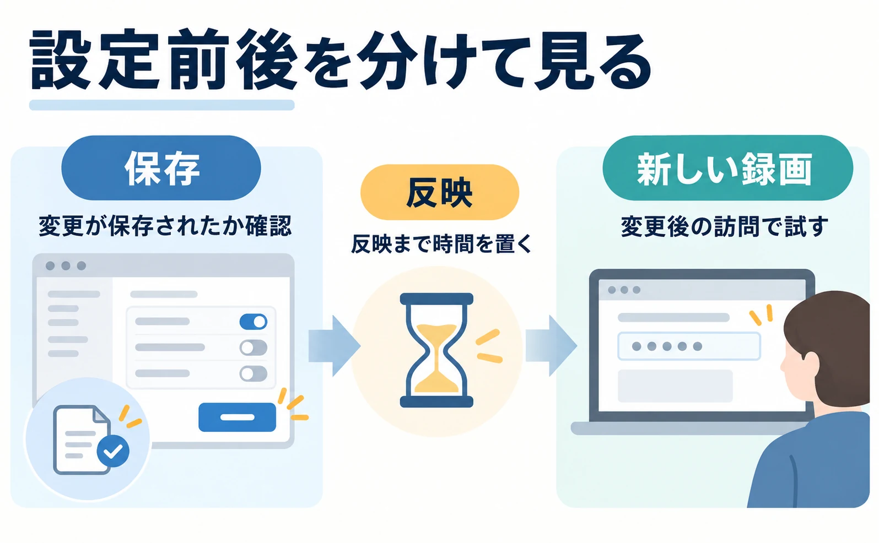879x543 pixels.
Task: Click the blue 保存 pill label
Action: pyautogui.click(x=161, y=168)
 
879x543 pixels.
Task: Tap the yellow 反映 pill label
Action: pyautogui.click(x=440, y=192)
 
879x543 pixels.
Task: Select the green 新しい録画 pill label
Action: pyautogui.click(x=727, y=168)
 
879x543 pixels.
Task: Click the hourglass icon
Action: pyautogui.click(x=436, y=350)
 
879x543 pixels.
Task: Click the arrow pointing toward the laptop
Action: pyautogui.click(x=551, y=346)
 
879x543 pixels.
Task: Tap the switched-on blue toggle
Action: pyautogui.click(x=254, y=322)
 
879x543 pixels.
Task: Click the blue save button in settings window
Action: pyautogui.click(x=237, y=417)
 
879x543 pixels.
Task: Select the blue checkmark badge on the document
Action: pyautogui.click(x=113, y=451)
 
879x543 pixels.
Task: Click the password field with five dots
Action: pyautogui.click(x=689, y=346)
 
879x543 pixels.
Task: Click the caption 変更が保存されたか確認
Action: pyautogui.click(x=165, y=226)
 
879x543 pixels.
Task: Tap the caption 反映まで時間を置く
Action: pyautogui.click(x=441, y=244)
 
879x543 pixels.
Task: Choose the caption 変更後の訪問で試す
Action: pyautogui.click(x=724, y=226)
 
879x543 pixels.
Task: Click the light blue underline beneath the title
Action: pyautogui.click(x=161, y=105)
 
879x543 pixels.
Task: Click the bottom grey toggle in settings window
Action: pyautogui.click(x=254, y=373)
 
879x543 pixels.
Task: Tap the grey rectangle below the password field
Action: pyautogui.click(x=675, y=386)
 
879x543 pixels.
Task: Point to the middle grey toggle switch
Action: pyautogui.click(x=254, y=347)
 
